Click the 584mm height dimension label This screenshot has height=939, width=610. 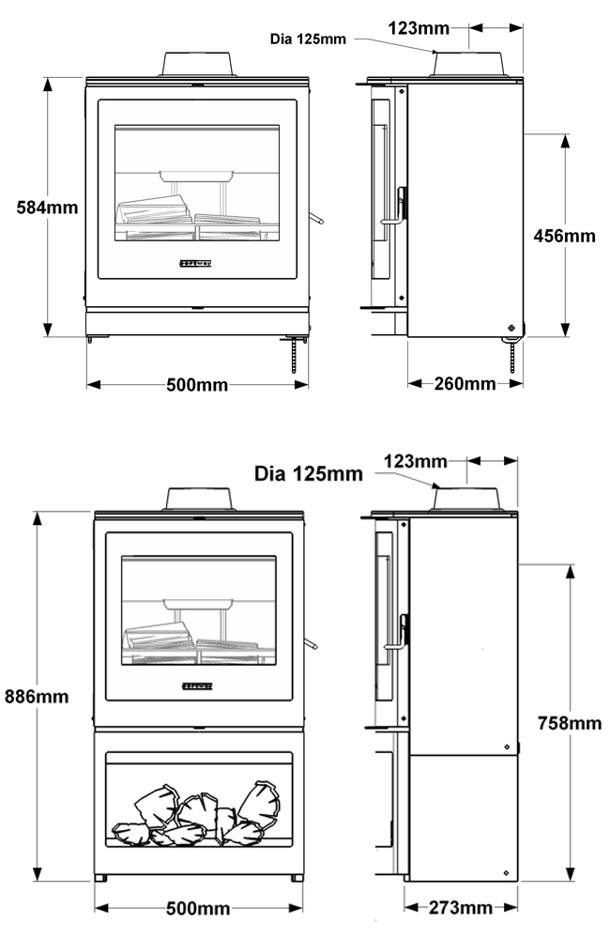pos(47,208)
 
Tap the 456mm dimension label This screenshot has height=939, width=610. pos(564,236)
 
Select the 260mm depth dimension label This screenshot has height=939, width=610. pos(465,383)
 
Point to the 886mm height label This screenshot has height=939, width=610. pos(37,697)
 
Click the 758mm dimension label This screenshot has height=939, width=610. pos(570,723)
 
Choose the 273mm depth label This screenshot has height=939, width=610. pos(460,908)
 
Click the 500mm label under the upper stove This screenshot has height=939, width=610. pos(197,384)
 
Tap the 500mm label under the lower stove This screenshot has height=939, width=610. pos(197,908)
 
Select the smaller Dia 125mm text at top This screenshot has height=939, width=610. pos(308,38)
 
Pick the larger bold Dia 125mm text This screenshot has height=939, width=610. pos(308,474)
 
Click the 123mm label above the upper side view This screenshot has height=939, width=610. pos(418,28)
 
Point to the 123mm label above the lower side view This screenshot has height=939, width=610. pos(416,461)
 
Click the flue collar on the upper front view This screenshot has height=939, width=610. pos(197,63)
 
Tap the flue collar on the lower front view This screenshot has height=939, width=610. pos(199,498)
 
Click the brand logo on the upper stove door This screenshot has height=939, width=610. pos(196,263)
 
